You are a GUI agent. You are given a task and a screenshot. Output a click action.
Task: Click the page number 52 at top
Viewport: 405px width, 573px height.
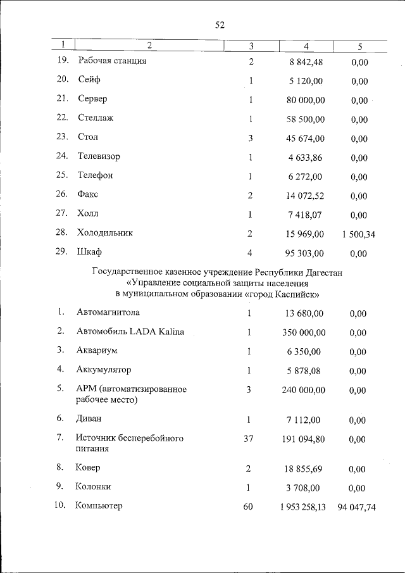pos(220,25)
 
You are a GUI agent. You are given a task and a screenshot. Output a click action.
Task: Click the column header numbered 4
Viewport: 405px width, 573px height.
pos(306,46)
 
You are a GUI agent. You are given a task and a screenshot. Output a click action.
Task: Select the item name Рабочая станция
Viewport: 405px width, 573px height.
pos(113,61)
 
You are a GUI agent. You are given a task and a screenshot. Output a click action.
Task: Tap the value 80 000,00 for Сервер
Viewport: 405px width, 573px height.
pos(305,100)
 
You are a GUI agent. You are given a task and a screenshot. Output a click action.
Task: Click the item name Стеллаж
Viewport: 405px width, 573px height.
pos(96,118)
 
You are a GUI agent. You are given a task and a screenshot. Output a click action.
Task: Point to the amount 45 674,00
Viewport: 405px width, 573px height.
pos(305,138)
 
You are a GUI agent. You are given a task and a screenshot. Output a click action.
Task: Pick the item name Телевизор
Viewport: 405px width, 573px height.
pos(99,156)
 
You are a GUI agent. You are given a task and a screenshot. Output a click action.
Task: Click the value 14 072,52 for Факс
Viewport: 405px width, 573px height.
pos(305,196)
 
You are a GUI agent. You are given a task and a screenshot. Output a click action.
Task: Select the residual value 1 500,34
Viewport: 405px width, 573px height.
pos(358,234)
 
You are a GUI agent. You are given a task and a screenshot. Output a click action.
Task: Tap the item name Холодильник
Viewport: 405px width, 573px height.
pos(106,233)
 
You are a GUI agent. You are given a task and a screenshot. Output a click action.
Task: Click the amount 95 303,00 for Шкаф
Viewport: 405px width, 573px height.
pos(305,253)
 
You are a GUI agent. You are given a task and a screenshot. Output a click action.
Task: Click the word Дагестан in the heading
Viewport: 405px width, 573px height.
pos(323,273)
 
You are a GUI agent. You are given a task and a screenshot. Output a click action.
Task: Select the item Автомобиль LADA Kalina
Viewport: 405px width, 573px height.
pos(130,332)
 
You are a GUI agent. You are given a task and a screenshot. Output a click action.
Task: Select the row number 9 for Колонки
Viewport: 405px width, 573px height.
pos(60,487)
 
